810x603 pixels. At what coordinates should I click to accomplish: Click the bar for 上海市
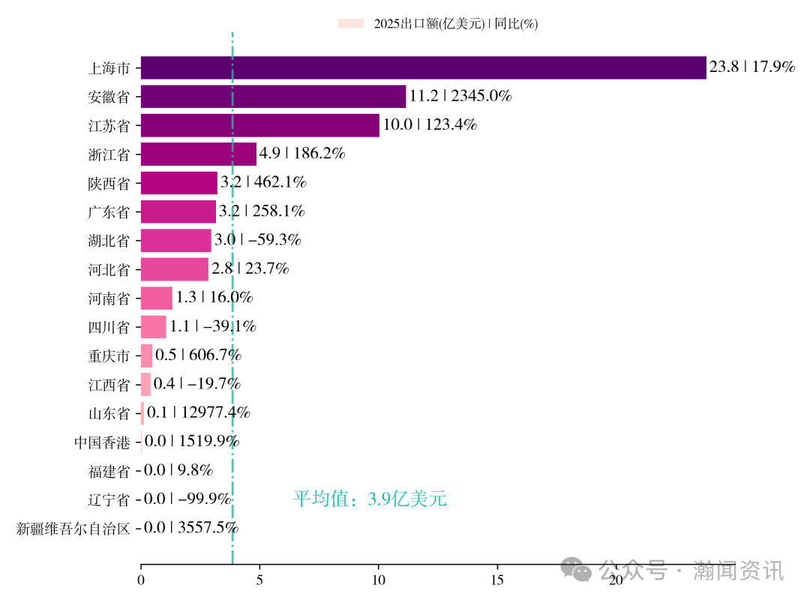423,67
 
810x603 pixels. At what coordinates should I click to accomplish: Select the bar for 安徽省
273,96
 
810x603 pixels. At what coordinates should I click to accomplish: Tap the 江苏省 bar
259,125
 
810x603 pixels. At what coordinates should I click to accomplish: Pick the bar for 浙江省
198,154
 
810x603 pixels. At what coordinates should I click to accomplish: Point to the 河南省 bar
156,298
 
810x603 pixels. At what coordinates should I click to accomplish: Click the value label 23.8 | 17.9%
751,67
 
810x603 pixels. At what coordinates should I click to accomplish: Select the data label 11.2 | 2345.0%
460,96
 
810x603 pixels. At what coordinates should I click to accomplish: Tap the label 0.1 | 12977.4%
199,412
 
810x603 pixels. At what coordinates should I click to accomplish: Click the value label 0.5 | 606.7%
198,355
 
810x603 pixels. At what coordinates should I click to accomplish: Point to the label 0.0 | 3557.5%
191,528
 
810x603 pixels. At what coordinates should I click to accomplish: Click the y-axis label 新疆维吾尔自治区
73,529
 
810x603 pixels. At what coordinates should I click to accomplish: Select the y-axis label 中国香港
102,442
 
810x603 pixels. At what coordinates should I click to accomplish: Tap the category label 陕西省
109,183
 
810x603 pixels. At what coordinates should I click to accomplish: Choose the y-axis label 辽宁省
109,499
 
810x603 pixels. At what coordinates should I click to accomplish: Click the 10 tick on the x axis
378,580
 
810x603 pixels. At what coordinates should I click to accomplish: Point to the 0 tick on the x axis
141,580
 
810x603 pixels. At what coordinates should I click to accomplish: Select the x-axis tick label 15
496,580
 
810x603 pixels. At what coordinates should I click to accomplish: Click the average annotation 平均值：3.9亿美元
370,499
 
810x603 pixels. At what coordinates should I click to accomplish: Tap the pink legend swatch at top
350,24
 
